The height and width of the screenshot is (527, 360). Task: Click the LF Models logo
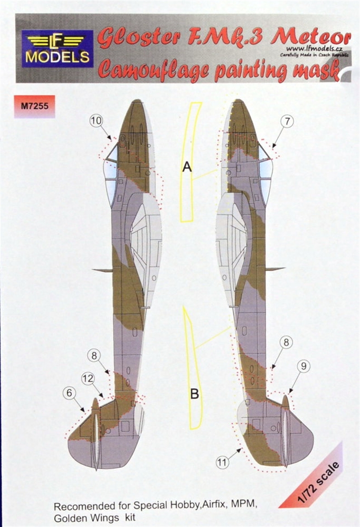pyautogui.click(x=57, y=48)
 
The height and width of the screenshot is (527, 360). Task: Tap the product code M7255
pyautogui.click(x=34, y=106)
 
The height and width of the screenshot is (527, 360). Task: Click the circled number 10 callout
pyautogui.click(x=96, y=121)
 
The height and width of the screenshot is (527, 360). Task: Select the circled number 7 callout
pyautogui.click(x=287, y=121)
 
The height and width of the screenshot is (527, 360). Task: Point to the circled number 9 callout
pyautogui.click(x=304, y=366)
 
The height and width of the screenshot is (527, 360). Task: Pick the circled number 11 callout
pyautogui.click(x=222, y=463)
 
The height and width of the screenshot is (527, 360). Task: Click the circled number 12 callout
pyautogui.click(x=88, y=379)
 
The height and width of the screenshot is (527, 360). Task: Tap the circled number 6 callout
pyautogui.click(x=69, y=392)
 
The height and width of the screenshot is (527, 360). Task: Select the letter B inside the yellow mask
pyautogui.click(x=195, y=393)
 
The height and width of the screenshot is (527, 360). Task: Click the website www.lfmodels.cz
pyautogui.click(x=315, y=50)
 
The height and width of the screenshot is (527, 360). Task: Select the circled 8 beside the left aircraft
pyautogui.click(x=94, y=355)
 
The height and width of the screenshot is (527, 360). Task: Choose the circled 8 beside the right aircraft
pyautogui.click(x=286, y=342)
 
